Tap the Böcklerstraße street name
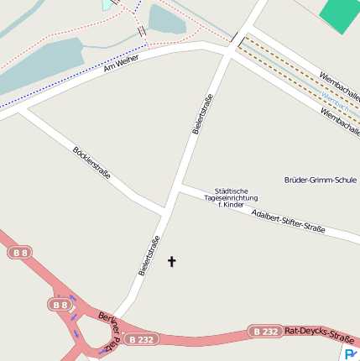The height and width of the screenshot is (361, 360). (x=92, y=163)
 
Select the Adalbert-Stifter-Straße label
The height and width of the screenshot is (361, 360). (x=288, y=221)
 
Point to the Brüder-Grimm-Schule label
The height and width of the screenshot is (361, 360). (x=321, y=180)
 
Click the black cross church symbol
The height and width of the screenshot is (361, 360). (x=172, y=262)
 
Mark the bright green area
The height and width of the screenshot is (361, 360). (x=339, y=14)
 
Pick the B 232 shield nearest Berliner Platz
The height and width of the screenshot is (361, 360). (x=140, y=339)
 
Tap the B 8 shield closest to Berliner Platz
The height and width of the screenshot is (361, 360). (x=60, y=305)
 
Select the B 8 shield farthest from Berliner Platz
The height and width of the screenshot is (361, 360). (x=20, y=253)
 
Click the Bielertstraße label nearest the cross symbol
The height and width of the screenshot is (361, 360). (x=149, y=258)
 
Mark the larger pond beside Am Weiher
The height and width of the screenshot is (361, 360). (x=42, y=65)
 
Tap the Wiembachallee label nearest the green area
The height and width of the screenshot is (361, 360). (x=340, y=81)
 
